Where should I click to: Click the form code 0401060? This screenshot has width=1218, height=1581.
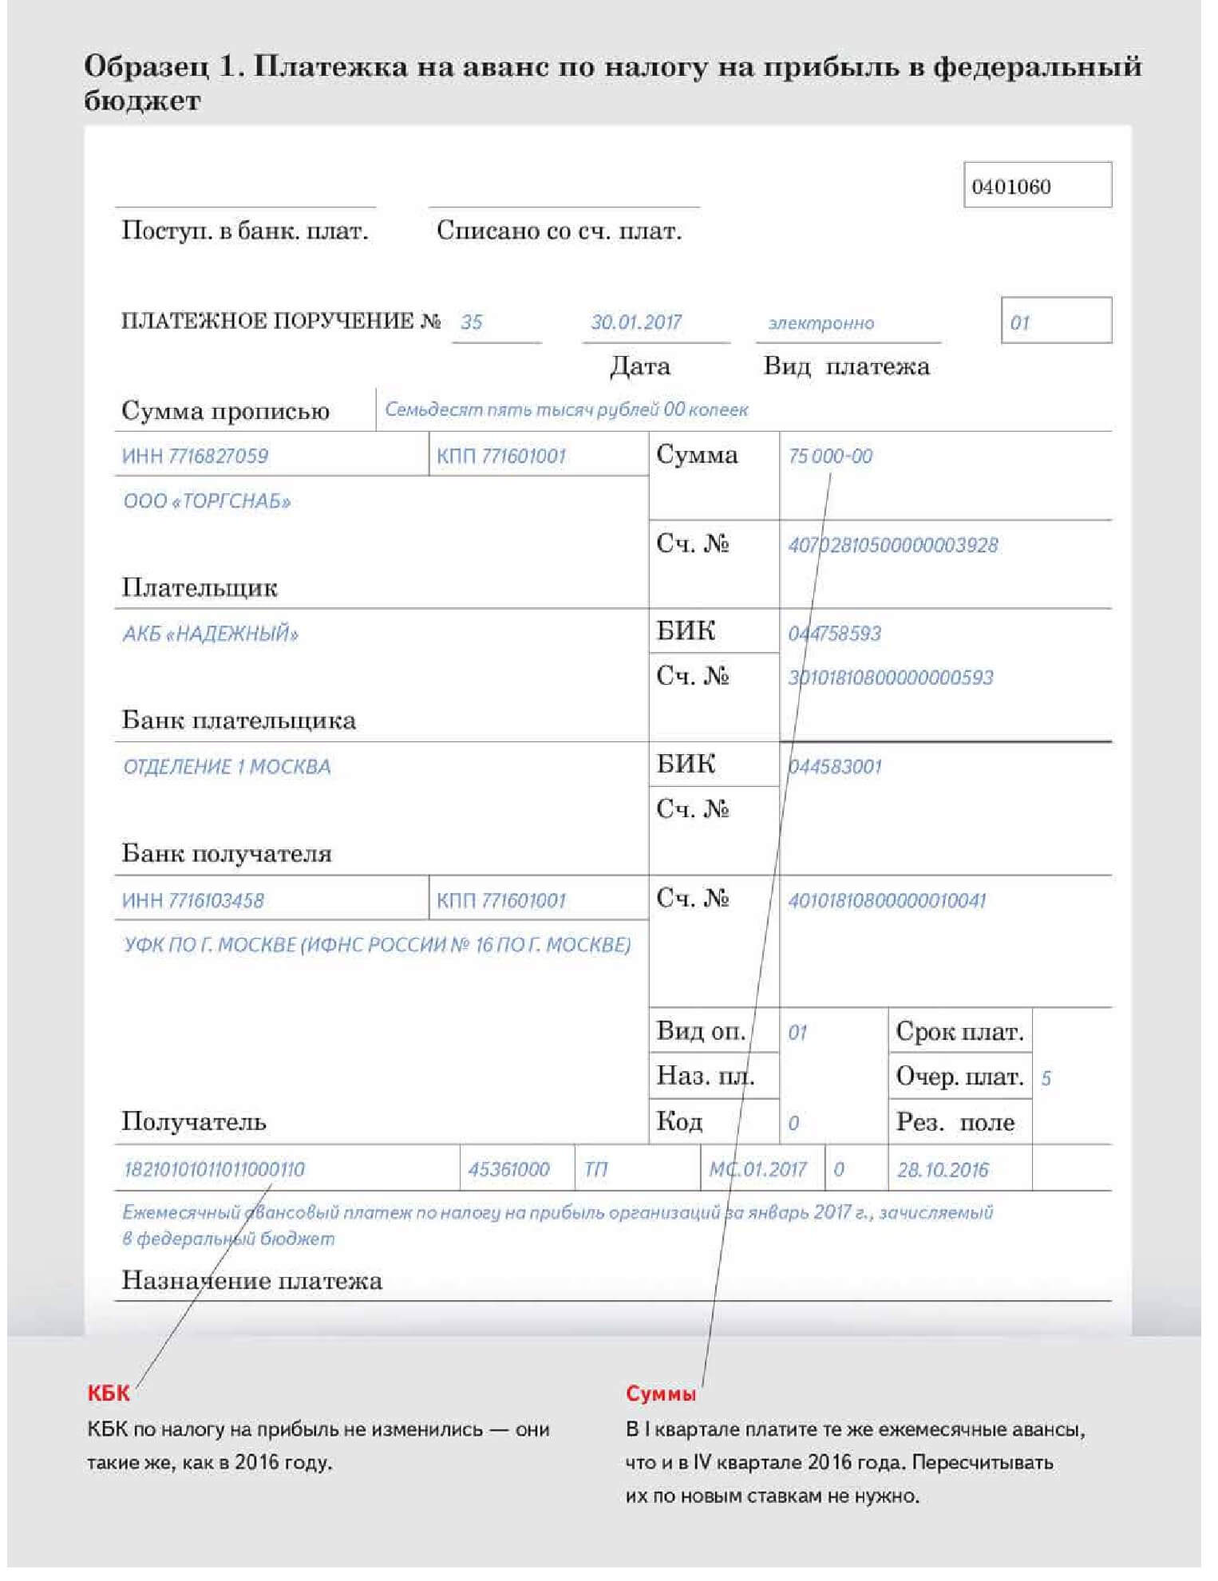tap(1010, 187)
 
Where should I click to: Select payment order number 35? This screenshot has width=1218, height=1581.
tap(471, 322)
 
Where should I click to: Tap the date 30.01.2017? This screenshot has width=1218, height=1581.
tap(636, 322)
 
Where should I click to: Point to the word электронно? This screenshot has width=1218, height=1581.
tap(821, 323)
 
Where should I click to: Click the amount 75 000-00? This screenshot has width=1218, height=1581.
tap(830, 457)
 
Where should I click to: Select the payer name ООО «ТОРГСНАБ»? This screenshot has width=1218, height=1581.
tap(207, 501)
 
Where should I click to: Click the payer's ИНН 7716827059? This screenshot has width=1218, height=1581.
tap(195, 457)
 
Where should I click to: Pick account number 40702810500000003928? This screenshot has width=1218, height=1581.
tap(892, 546)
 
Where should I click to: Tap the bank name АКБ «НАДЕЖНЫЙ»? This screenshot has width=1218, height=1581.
tap(210, 634)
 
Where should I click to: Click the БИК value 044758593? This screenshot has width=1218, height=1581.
tap(834, 634)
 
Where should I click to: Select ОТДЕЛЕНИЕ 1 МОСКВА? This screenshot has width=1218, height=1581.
tap(227, 767)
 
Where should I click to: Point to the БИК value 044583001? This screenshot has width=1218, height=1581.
tap(835, 767)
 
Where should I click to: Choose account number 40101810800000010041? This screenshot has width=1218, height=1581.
tap(887, 901)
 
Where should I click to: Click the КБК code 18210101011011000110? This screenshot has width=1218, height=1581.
tap(214, 1170)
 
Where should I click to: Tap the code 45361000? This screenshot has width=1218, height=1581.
tap(508, 1170)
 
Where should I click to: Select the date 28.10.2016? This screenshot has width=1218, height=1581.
tap(943, 1171)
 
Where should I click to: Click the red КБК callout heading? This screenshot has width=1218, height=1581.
tap(108, 1393)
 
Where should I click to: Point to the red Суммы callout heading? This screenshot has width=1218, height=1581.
tap(661, 1393)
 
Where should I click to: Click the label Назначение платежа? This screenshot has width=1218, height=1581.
tap(251, 1281)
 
